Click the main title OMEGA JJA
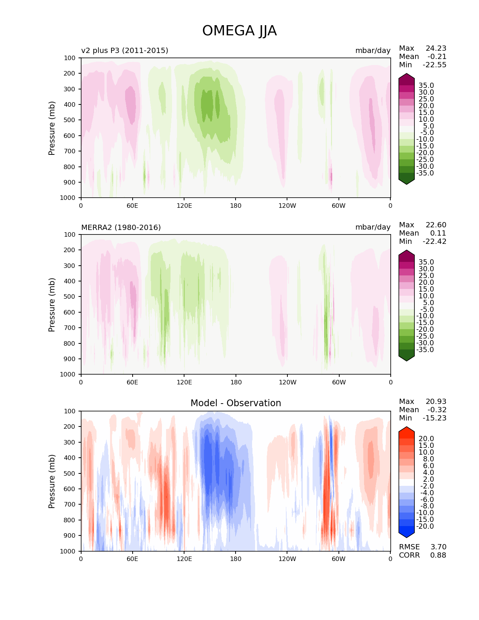(x=239, y=31)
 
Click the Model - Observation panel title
(x=236, y=403)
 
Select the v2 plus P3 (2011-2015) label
(x=125, y=50)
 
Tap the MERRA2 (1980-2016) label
(x=121, y=227)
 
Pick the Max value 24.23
(x=436, y=48)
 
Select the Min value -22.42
(x=435, y=241)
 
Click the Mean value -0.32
(x=437, y=410)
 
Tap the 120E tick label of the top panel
(x=184, y=206)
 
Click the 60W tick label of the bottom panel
(x=338, y=559)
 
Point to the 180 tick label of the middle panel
(x=236, y=382)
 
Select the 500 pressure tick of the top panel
(x=70, y=120)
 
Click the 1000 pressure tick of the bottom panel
(x=68, y=551)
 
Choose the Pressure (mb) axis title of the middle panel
(x=51, y=304)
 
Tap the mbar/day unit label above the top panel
(x=373, y=50)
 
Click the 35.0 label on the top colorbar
(x=426, y=86)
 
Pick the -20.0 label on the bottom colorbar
(x=425, y=526)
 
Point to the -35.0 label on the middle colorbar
(x=425, y=349)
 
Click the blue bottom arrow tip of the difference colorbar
(x=406, y=538)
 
